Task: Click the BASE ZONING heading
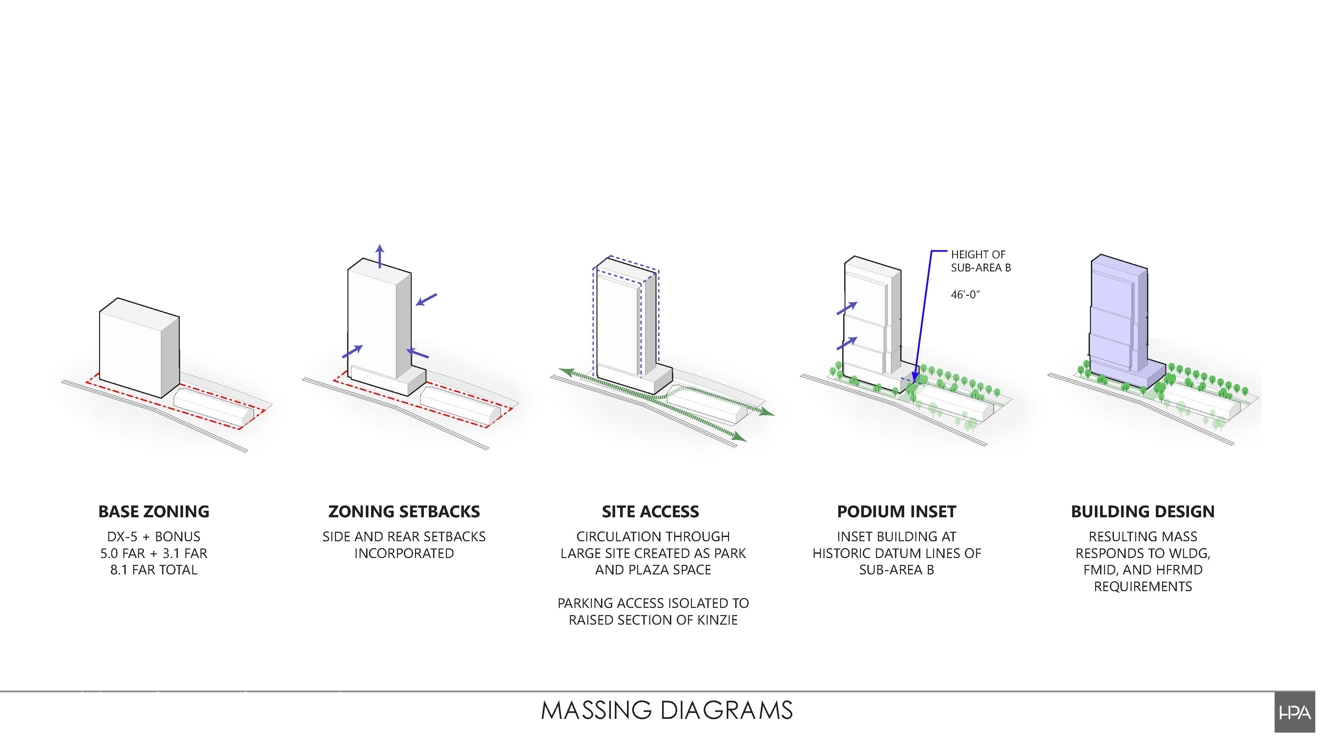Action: [x=154, y=512]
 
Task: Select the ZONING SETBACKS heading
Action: [x=404, y=512]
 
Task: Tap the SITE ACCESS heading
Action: [x=650, y=512]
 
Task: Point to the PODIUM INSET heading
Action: [x=896, y=512]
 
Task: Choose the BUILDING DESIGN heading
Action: [x=1142, y=512]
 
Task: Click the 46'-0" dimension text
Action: [x=965, y=295]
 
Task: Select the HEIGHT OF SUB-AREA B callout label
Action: [x=980, y=261]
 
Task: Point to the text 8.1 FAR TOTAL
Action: [x=154, y=570]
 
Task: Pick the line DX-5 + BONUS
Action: [x=154, y=537]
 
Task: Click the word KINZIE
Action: [x=717, y=620]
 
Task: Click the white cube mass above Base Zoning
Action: [x=132, y=347]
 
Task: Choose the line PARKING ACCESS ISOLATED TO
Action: [x=653, y=603]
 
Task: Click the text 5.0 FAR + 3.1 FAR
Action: [x=154, y=553]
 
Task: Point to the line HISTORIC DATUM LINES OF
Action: [x=896, y=553]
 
